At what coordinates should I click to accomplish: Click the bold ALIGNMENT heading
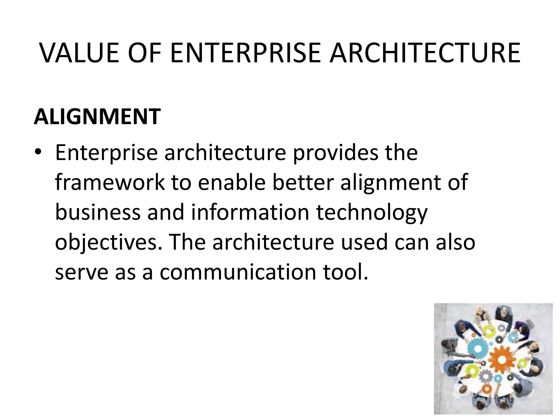(x=97, y=116)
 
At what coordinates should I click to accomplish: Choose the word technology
(x=372, y=213)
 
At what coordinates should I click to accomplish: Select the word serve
(x=81, y=272)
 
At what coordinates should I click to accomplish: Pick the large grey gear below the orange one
(x=486, y=377)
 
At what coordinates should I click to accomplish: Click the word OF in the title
(x=144, y=53)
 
